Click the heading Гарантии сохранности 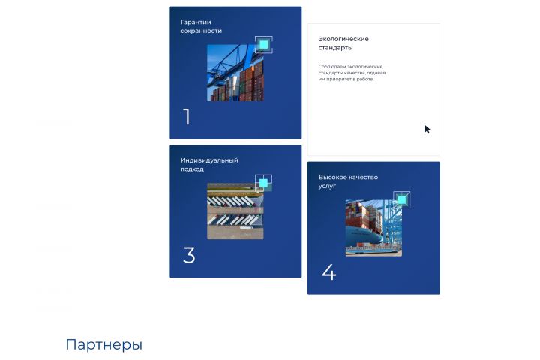click(x=201, y=26)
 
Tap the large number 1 click(x=187, y=117)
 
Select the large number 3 click(x=189, y=255)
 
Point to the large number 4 click(x=329, y=271)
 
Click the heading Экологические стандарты click(x=343, y=43)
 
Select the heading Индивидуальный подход click(x=209, y=165)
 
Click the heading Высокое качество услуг click(x=348, y=181)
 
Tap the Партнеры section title click(x=104, y=344)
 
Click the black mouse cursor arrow click(x=427, y=130)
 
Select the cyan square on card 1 click(x=264, y=45)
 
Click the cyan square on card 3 click(x=263, y=183)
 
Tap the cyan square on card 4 click(x=402, y=199)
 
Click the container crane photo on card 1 click(x=235, y=73)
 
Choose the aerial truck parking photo click(x=235, y=211)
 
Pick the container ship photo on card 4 click(x=373, y=228)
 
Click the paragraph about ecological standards click(x=352, y=73)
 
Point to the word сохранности click(x=201, y=31)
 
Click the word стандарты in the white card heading click(x=335, y=48)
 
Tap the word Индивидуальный click(x=209, y=161)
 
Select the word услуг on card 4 click(x=327, y=186)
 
